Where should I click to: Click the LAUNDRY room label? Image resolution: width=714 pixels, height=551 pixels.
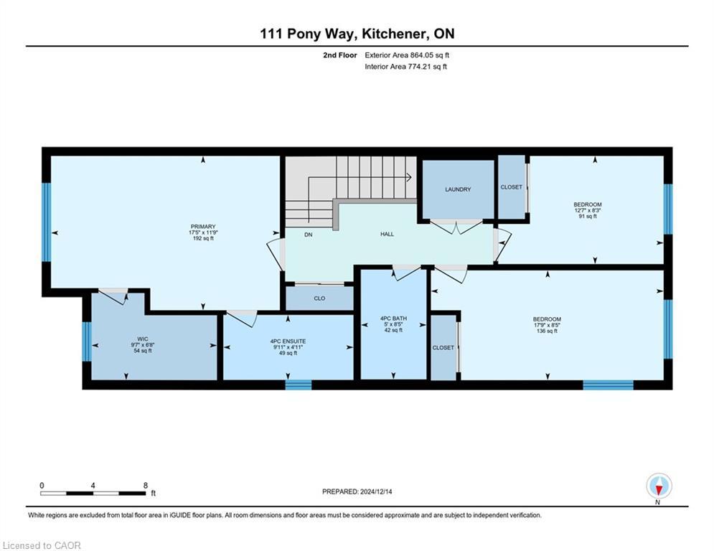coord(458,189)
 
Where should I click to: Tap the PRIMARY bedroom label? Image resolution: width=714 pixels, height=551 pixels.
coord(203,227)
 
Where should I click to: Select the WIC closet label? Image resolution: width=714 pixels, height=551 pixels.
coord(143,339)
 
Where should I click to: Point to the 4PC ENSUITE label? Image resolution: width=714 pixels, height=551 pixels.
coord(288,342)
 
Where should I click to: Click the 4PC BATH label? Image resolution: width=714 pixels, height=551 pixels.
coord(393,319)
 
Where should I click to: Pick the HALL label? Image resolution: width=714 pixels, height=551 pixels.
coord(387,234)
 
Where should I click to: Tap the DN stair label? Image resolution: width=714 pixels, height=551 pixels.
coord(309,235)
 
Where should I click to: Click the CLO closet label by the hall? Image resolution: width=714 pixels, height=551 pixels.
coord(319,298)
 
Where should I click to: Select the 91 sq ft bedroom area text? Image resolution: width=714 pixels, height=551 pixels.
coord(588,216)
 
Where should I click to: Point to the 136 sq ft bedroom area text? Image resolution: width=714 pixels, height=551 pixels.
coord(547,331)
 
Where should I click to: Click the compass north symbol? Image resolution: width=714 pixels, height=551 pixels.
coord(659,486)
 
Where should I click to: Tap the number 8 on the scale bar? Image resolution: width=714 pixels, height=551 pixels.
coord(146,486)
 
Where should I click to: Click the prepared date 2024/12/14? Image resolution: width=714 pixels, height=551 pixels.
coord(376,491)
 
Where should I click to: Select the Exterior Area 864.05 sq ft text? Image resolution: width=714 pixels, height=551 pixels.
coord(407,55)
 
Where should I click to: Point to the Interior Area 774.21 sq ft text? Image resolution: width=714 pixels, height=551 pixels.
coord(405,67)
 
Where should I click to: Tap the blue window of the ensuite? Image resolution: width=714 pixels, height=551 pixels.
coord(299,385)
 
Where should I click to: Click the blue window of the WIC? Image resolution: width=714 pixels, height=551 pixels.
coord(87,342)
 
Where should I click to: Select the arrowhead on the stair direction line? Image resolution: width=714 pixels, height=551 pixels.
coord(409,177)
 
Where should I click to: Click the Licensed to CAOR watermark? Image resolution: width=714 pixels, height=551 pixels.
coord(42,545)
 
